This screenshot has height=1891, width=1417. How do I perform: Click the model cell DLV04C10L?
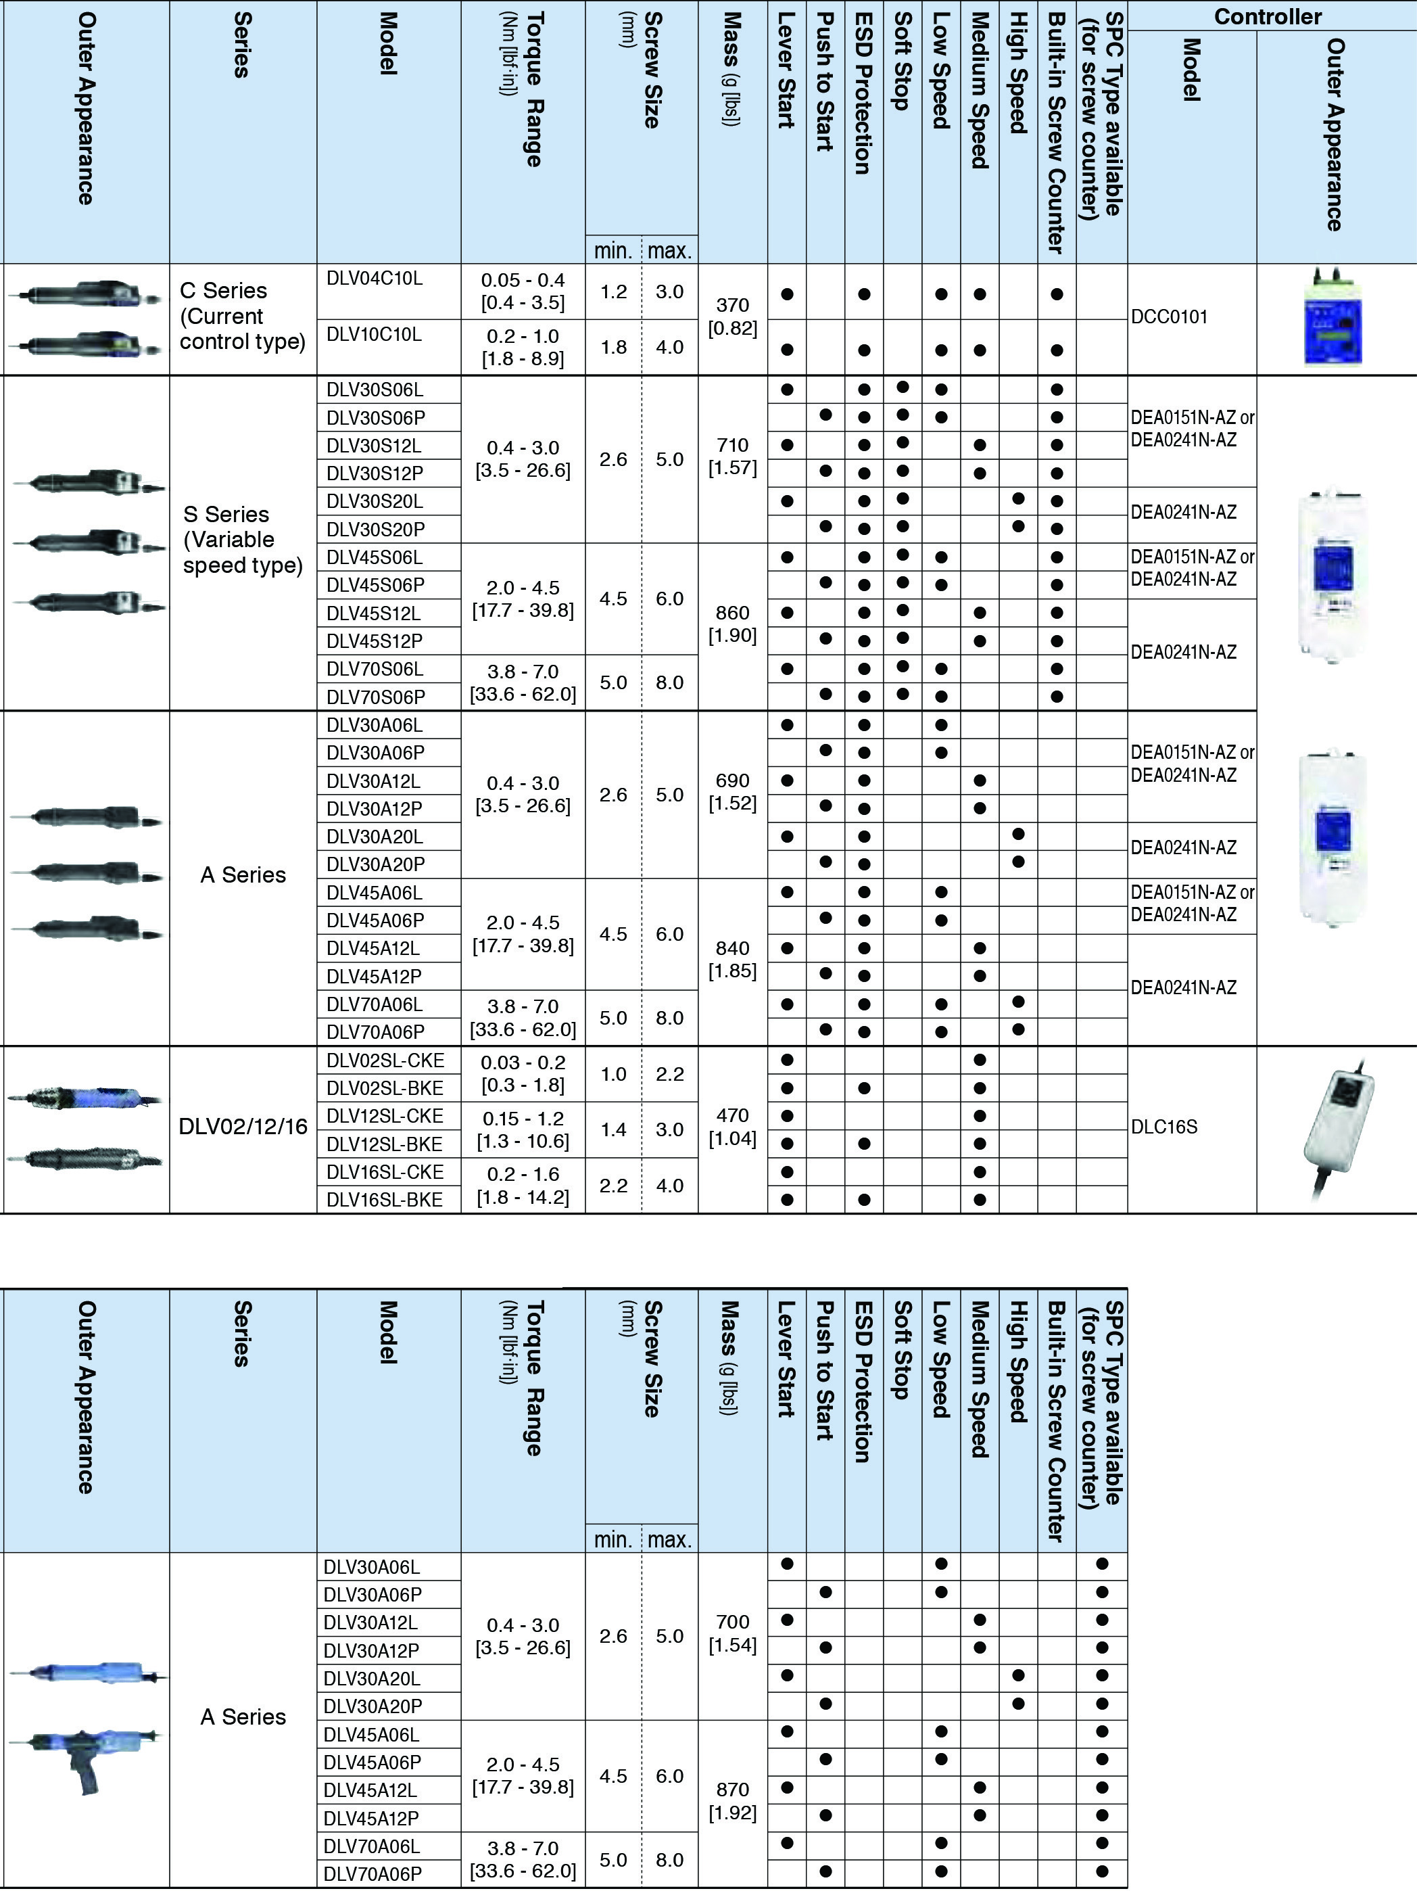(x=375, y=279)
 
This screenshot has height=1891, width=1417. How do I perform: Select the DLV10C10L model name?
(x=375, y=334)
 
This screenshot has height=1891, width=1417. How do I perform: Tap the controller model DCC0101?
(x=1169, y=317)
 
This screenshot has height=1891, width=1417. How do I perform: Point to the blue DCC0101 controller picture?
(x=1332, y=319)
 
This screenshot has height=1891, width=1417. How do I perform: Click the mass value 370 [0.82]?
(x=732, y=317)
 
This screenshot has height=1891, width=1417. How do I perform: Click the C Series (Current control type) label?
(x=242, y=317)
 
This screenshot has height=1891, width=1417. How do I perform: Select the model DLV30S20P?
(x=375, y=529)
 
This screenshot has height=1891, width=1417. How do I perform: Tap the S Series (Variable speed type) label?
(x=242, y=540)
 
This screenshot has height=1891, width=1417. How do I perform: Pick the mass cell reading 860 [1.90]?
(x=732, y=624)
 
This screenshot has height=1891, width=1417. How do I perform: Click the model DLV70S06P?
(x=375, y=697)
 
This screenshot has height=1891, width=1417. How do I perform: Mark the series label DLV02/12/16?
(x=243, y=1127)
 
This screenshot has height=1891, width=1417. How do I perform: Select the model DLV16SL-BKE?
(x=385, y=1199)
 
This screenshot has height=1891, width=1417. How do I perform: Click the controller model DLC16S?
(x=1164, y=1127)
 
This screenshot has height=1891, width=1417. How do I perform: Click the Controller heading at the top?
(x=1268, y=16)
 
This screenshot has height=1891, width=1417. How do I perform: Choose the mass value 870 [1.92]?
(x=732, y=1801)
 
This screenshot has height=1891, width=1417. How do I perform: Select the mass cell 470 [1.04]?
(x=732, y=1127)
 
